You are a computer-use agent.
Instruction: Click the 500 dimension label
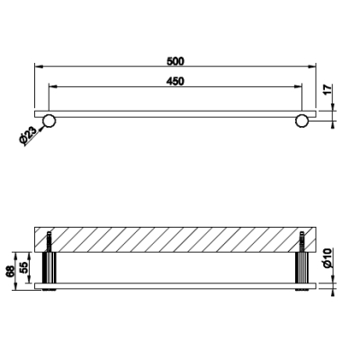point(175,61)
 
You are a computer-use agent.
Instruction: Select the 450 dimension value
point(175,81)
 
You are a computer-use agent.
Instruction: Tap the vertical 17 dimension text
point(328,89)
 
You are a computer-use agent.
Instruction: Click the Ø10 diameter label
point(328,258)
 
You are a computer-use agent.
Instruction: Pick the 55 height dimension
point(25,266)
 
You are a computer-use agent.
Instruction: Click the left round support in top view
point(49,121)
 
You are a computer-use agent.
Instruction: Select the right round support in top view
point(301,121)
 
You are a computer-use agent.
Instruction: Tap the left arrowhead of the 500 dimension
point(39,67)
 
